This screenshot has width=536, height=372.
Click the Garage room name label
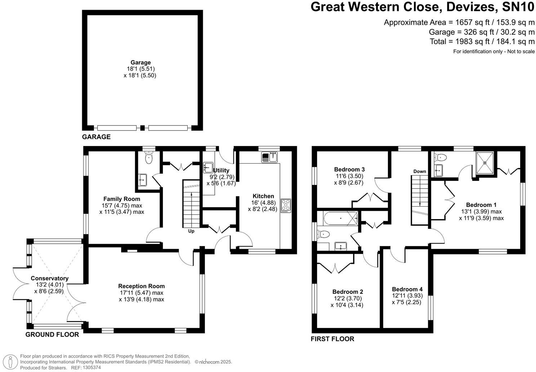pyautogui.click(x=140, y=62)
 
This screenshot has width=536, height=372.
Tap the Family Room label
pyautogui.click(x=122, y=199)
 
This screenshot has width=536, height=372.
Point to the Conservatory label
pyautogui.click(x=49, y=278)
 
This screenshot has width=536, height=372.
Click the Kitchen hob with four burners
pyautogui.click(x=286, y=205)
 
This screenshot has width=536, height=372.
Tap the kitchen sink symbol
pyautogui.click(x=269, y=157)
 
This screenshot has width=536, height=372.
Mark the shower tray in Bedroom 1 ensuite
pyautogui.click(x=484, y=163)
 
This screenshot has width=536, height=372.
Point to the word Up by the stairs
pyautogui.click(x=191, y=231)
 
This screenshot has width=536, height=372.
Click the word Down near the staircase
pyautogui.click(x=420, y=171)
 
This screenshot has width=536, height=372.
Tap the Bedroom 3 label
pyautogui.click(x=349, y=169)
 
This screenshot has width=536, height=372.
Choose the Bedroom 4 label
pyautogui.click(x=407, y=289)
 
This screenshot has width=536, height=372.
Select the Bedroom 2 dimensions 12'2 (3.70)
pyautogui.click(x=348, y=298)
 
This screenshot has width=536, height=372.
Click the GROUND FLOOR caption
pyautogui.click(x=52, y=335)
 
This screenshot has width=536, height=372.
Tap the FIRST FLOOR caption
pyautogui.click(x=332, y=339)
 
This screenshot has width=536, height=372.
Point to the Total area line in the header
pyautogui.click(x=482, y=41)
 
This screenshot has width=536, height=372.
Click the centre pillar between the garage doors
pyautogui.click(x=143, y=128)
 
